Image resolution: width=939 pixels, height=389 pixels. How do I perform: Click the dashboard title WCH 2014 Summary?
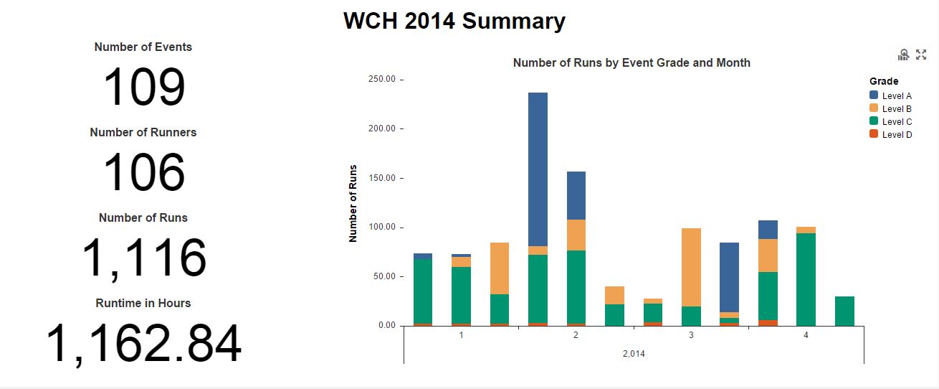(x=454, y=21)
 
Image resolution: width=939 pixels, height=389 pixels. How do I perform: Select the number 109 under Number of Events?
(x=144, y=88)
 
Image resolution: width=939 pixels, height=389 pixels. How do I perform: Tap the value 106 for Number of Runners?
(x=144, y=173)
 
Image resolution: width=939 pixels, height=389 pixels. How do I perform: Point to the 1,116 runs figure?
(x=144, y=258)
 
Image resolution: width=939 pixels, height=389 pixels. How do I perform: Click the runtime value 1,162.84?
(x=144, y=345)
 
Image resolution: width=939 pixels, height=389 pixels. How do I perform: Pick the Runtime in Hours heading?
(x=143, y=303)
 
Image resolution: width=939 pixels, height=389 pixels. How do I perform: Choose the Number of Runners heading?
(x=143, y=132)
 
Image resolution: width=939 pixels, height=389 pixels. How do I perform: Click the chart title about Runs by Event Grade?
(x=631, y=63)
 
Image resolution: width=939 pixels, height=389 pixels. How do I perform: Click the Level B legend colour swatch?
(x=874, y=108)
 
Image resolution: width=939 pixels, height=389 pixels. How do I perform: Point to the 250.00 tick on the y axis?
(x=382, y=79)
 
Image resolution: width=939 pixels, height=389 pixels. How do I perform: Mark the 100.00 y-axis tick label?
(x=382, y=228)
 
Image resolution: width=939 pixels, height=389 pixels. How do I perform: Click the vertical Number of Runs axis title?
(x=353, y=202)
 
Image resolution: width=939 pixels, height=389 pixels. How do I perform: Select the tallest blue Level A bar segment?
(x=538, y=169)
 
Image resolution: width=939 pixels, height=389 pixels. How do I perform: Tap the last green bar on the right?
(x=845, y=311)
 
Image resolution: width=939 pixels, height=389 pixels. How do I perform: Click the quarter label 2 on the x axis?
(x=576, y=335)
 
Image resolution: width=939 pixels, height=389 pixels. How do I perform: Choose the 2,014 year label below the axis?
(x=634, y=353)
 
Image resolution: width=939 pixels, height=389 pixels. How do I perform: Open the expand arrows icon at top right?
(x=922, y=55)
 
